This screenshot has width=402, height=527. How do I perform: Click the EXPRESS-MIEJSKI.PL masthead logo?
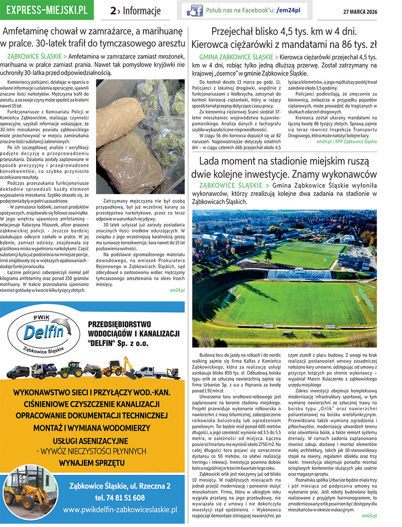(x=47, y=10)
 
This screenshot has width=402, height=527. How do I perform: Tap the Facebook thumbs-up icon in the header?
(x=195, y=10)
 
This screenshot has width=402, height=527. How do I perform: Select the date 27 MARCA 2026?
(x=360, y=11)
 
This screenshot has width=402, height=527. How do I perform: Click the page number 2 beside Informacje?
(x=113, y=11)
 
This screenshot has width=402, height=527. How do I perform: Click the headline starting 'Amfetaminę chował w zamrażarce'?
(x=93, y=38)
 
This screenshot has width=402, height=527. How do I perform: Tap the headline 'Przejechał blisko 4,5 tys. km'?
(x=284, y=38)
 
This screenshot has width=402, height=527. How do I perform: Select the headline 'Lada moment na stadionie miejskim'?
(x=284, y=168)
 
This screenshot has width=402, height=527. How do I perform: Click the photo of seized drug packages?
(x=140, y=136)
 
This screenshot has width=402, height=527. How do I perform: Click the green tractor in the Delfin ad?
(x=71, y=369)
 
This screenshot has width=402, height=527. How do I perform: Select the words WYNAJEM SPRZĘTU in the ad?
(x=93, y=463)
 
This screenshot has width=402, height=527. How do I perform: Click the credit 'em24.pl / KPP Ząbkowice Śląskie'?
(x=347, y=141)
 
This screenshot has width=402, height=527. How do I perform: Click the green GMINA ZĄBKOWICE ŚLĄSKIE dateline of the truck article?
(x=236, y=57)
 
